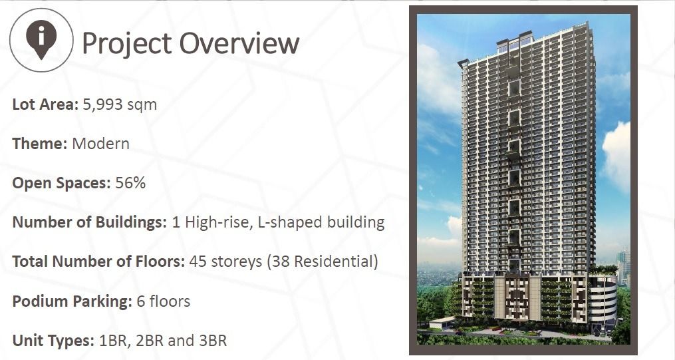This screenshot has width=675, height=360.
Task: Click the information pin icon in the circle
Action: click(41, 39)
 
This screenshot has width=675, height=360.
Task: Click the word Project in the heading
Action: click(126, 43)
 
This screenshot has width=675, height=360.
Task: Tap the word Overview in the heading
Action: click(239, 43)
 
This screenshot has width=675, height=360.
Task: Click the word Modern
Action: click(100, 143)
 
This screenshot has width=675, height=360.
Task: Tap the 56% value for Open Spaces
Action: click(130, 183)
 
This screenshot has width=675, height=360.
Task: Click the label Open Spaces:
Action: click(61, 183)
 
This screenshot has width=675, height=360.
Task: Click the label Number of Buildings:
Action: click(89, 222)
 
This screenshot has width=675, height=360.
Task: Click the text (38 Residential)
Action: click(322, 262)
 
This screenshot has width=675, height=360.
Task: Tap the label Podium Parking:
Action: click(72, 301)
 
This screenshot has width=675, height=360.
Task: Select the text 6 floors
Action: click(164, 301)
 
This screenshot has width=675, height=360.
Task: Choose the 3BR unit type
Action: click(212, 341)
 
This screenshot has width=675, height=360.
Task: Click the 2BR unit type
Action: click(149, 341)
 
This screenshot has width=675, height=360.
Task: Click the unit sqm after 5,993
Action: click(143, 105)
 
